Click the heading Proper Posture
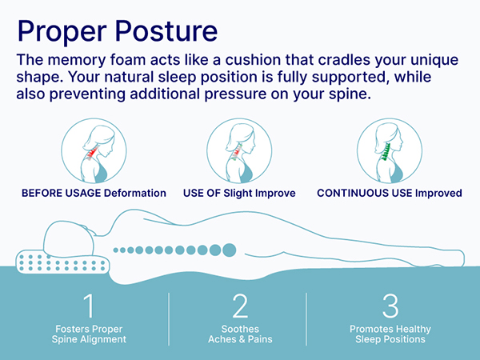pos(117,31)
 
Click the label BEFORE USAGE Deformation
pos(94,194)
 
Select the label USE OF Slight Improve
pos(239,194)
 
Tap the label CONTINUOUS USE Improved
pos(390,194)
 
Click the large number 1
pos(89,306)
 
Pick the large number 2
pos(240,306)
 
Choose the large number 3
pos(390,306)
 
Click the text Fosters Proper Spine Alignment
pos(89,334)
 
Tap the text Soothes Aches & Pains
pos(240,334)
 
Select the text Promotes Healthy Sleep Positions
pos(390,334)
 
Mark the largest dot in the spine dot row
pos(230,249)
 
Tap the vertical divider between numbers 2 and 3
pos(307,318)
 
